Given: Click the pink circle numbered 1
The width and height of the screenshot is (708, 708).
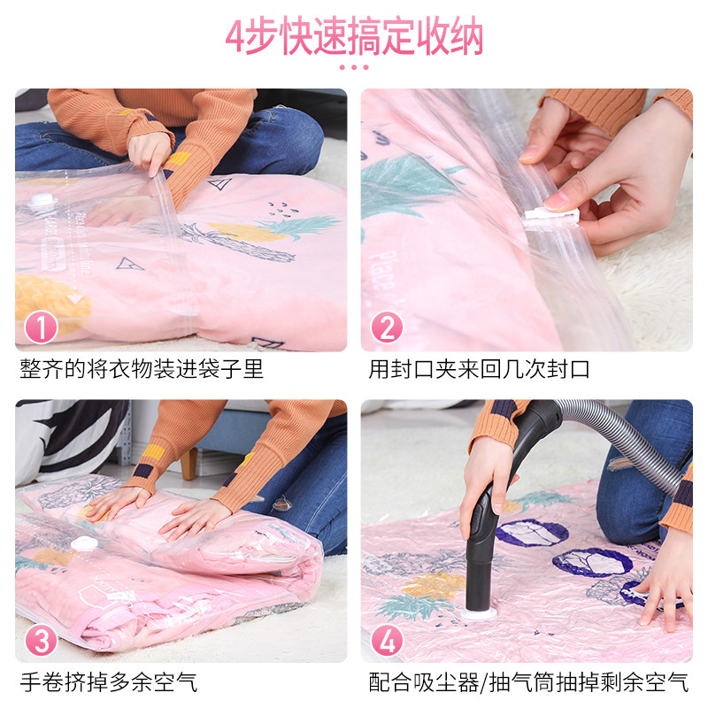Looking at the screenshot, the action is click(x=41, y=327).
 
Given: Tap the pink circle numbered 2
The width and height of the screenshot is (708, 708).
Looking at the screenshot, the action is click(x=387, y=327).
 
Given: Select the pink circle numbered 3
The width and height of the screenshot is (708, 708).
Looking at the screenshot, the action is click(x=41, y=640).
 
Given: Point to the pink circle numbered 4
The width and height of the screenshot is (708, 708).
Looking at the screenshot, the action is click(x=387, y=640).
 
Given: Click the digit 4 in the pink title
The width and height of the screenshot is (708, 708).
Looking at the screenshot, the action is click(x=235, y=37).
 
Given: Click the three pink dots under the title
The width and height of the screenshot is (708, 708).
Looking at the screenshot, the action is click(x=354, y=67).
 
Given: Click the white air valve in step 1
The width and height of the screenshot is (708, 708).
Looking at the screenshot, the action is click(x=42, y=199).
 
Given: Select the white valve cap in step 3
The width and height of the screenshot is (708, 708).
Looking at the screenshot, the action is click(x=84, y=543).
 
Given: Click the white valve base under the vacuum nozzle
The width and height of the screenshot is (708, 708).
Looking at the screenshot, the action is click(x=479, y=612).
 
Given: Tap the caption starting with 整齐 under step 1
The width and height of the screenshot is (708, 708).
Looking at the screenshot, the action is click(x=142, y=369).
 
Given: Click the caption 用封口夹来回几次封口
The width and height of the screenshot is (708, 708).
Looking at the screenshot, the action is click(x=479, y=369).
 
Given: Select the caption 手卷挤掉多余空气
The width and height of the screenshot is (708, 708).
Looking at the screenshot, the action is click(x=109, y=681).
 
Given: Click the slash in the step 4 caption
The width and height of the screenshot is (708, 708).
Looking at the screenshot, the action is click(x=483, y=681).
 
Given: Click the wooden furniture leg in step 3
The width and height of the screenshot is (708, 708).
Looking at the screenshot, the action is click(x=189, y=463).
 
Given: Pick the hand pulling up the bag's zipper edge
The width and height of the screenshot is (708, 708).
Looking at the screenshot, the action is click(x=150, y=152).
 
